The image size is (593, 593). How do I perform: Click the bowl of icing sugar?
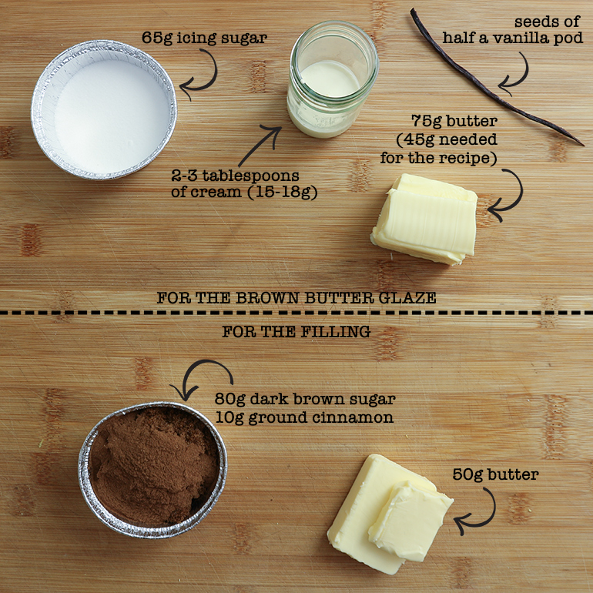click(x=104, y=109)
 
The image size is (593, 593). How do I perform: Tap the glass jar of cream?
click(x=332, y=79)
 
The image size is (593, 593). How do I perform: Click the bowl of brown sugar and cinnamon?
click(x=152, y=470)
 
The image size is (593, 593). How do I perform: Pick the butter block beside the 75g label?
click(x=424, y=219)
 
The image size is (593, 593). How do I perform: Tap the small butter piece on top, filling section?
click(x=410, y=520)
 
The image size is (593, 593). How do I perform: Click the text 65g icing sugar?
click(x=205, y=39)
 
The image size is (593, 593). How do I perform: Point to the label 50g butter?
click(x=495, y=474)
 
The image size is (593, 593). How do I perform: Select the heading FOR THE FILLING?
click(x=296, y=332)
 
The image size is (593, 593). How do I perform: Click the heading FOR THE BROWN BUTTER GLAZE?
click(x=296, y=297)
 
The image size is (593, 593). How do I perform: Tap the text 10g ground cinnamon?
click(x=304, y=418)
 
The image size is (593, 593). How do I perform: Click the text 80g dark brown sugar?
click(x=305, y=400)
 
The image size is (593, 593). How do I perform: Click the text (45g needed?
click(x=447, y=140)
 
